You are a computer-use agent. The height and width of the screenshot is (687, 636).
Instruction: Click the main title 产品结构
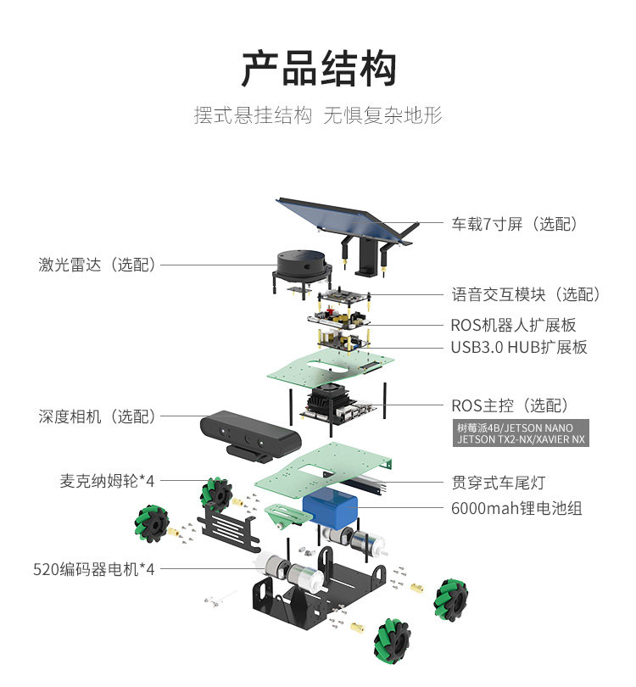(319, 69)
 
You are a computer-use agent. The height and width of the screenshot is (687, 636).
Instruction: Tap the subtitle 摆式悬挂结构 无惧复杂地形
(318, 115)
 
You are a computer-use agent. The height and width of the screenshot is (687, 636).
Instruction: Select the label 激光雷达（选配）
(98, 265)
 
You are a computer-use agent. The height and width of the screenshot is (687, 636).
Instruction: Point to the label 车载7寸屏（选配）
(515, 224)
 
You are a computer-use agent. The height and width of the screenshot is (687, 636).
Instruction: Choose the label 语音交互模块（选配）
(526, 294)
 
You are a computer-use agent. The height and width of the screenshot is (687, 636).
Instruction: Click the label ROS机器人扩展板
(513, 325)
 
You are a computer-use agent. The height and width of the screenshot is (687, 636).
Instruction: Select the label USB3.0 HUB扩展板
(519, 347)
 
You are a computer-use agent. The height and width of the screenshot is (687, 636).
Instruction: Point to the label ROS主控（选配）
(510, 405)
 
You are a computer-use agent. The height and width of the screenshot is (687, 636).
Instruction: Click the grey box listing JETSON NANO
(521, 433)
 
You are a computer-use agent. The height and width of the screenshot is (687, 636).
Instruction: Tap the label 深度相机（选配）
(98, 416)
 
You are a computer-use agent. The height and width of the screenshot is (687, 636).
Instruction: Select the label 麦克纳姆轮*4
(108, 481)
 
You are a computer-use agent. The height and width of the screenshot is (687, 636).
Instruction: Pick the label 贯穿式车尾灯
(499, 483)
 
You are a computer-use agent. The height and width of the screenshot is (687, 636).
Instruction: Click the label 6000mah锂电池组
(516, 508)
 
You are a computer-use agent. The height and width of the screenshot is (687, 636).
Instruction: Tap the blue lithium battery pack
(330, 510)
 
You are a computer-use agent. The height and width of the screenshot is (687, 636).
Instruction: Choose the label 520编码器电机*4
(94, 569)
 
